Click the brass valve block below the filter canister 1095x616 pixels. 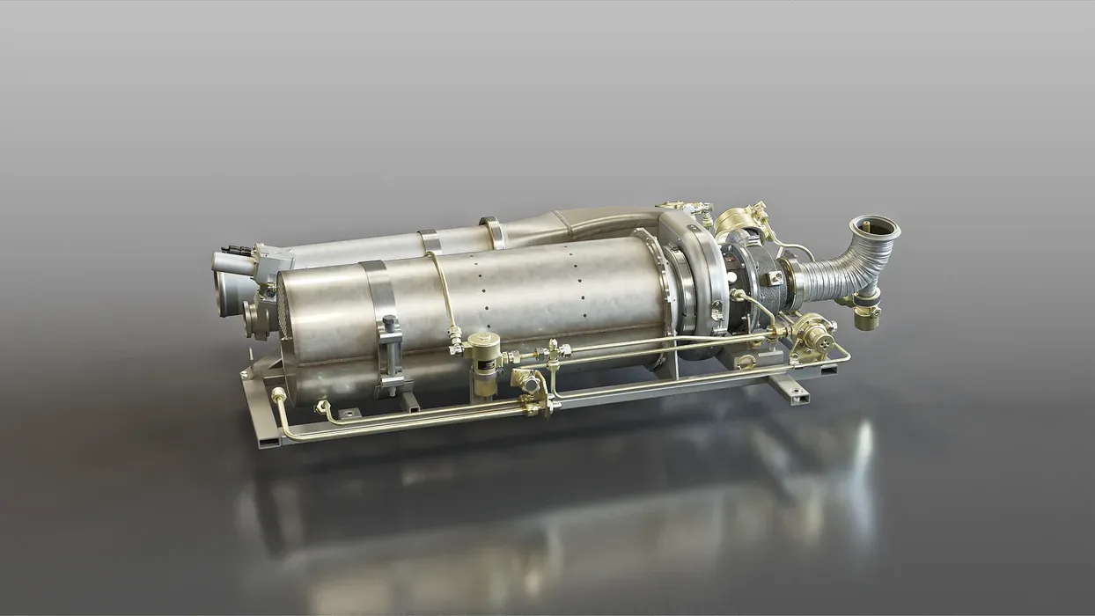click(x=527, y=384)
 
